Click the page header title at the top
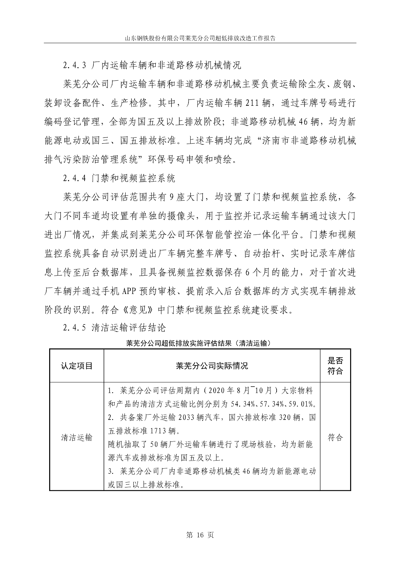[200, 38]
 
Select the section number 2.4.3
[75, 66]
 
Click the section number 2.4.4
[75, 179]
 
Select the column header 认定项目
[77, 366]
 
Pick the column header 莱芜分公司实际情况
[212, 366]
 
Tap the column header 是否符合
[335, 366]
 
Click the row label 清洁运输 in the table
[77, 438]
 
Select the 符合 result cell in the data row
[335, 438]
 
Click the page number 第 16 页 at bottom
[200, 535]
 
